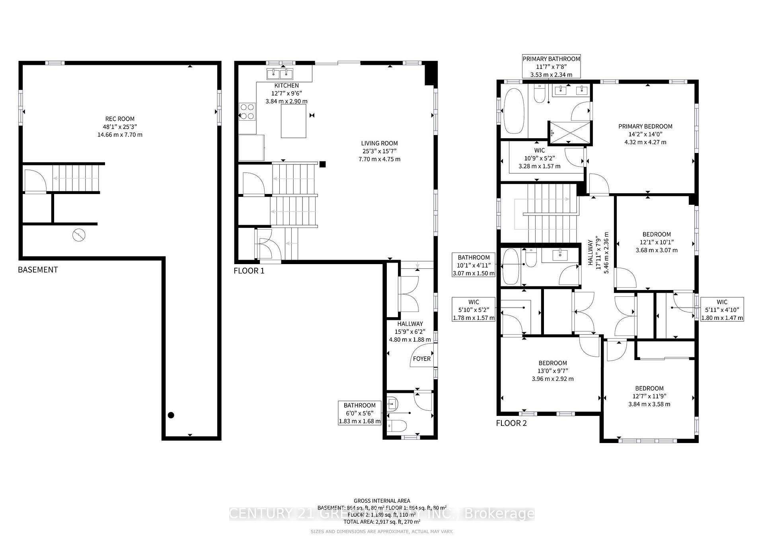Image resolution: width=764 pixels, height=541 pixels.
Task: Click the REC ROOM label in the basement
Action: coord(120,119)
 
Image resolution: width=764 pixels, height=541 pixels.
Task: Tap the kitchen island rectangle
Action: coord(294,121)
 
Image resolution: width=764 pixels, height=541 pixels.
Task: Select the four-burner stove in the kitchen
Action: coord(247,112)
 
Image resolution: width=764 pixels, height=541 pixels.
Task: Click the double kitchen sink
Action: coord(280,74)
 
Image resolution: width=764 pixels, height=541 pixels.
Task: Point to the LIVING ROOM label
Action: coord(379,143)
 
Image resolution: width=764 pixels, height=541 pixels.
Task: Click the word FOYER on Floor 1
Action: coord(421,359)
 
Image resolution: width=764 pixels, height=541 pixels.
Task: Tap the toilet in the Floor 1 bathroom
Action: coord(397,426)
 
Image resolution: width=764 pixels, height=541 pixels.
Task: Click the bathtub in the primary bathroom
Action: coord(514,111)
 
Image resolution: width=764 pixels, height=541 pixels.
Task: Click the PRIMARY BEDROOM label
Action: coord(645,126)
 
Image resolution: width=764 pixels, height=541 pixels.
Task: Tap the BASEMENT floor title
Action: coord(38,270)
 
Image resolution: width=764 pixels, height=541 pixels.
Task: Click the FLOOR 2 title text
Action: coord(511,423)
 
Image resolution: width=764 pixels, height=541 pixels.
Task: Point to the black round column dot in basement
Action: coord(171,415)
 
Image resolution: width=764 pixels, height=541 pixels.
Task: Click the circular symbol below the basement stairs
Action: coord(79,235)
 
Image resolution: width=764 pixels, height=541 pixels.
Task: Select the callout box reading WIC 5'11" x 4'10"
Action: coord(722,310)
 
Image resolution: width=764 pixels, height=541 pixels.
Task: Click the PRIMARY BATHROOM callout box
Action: coord(551,67)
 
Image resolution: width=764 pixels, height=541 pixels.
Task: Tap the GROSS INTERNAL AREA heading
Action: coord(382,501)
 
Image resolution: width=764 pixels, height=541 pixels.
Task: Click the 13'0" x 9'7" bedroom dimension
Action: coord(553,371)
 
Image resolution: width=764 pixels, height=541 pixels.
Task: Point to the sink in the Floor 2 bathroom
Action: coord(560,255)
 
